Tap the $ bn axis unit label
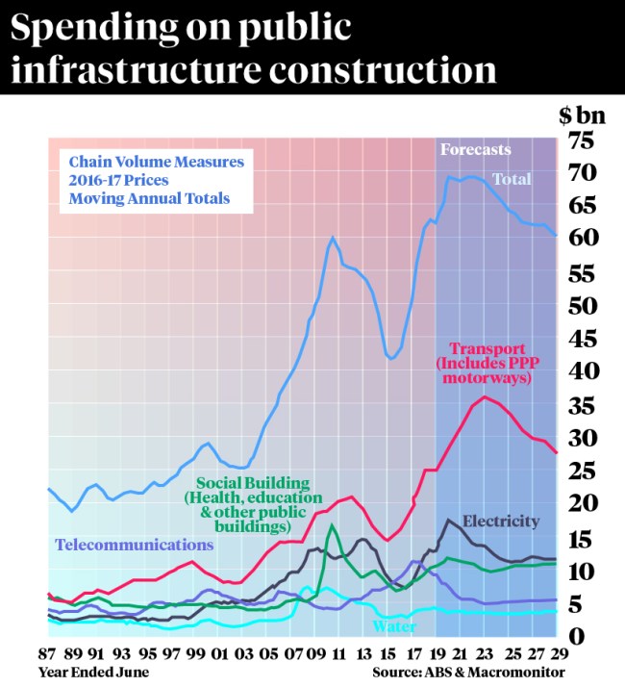[582, 115]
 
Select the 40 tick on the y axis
[583, 371]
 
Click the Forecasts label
[475, 150]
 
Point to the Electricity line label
[500, 522]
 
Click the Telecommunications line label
[134, 545]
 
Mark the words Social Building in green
[253, 482]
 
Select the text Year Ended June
[94, 671]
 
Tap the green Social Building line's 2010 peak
[332, 525]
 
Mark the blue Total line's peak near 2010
[332, 237]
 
